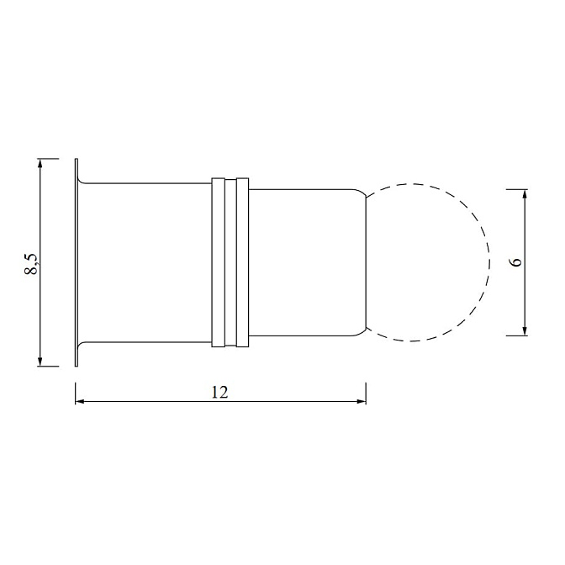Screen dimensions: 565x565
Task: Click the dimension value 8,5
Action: click(31, 265)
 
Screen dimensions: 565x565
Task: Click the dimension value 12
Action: click(219, 392)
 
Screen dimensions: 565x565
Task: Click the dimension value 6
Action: click(516, 262)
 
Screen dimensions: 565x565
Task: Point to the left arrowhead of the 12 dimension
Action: click(80, 401)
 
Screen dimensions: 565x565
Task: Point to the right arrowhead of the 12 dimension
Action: click(362, 401)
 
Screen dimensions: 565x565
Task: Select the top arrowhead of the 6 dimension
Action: click(525, 194)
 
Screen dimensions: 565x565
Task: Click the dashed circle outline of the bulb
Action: click(489, 262)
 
